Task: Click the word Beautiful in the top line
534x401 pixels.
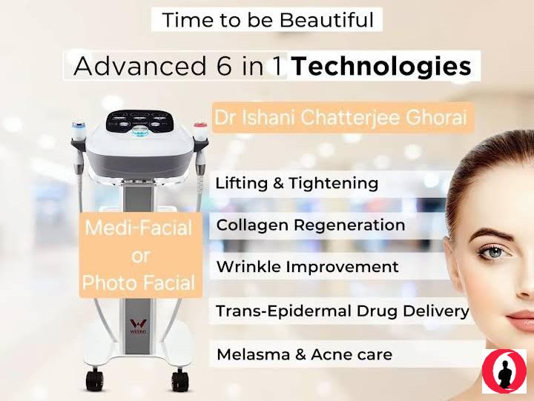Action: click(x=327, y=20)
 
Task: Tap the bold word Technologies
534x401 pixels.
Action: click(x=381, y=67)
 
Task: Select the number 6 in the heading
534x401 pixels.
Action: click(x=224, y=66)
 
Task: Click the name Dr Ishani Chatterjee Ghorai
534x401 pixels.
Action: click(x=340, y=117)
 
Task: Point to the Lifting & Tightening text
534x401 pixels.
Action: click(x=297, y=183)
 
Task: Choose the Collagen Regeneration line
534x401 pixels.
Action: click(x=311, y=225)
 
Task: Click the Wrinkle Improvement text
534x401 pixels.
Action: click(x=308, y=267)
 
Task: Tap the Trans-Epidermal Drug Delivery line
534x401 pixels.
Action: click(x=342, y=311)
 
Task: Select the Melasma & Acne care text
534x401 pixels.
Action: click(x=305, y=354)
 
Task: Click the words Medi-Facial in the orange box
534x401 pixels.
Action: click(x=139, y=228)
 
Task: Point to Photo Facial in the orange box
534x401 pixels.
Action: click(x=139, y=283)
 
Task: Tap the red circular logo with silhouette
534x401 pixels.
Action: click(x=504, y=371)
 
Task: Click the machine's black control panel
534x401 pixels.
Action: click(x=139, y=122)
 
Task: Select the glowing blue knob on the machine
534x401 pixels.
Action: click(x=139, y=132)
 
